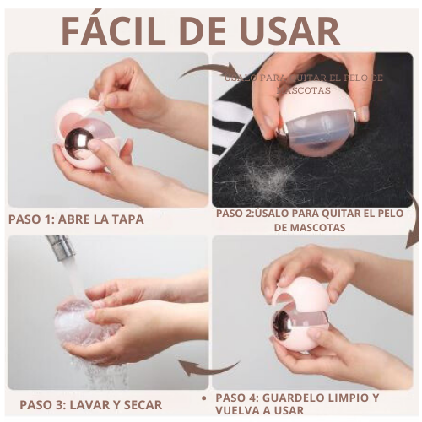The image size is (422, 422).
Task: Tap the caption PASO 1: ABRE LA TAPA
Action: point(76,219)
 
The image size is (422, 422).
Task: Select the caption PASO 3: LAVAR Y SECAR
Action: point(90,405)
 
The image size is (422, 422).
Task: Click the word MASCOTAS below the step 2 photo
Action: point(311,228)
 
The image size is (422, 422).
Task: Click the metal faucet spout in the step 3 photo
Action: point(62,247)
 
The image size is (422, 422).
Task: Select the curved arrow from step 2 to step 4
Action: point(413,221)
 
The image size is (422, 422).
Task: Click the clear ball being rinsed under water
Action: point(76,321)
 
